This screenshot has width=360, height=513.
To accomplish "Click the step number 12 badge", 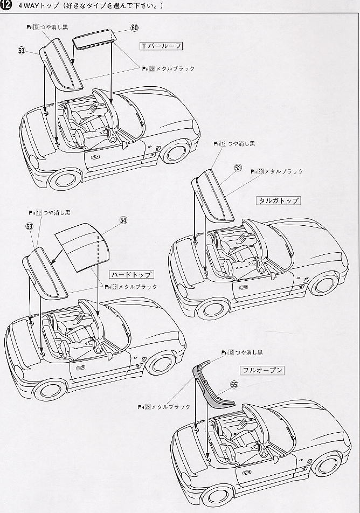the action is click(6, 5).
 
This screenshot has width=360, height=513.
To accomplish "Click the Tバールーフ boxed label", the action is click(161, 46).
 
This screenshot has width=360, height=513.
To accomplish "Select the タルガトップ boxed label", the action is click(279, 200).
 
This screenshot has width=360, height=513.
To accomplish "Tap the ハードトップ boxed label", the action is click(131, 274).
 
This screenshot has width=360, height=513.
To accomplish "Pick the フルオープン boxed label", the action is click(262, 370).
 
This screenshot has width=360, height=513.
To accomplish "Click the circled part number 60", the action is click(135, 28).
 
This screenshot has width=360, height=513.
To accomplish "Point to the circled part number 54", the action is click(123, 220).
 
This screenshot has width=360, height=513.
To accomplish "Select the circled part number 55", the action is click(234, 385).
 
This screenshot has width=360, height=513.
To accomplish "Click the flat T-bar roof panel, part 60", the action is click(94, 39).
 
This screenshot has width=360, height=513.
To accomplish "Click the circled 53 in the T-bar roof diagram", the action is click(22, 51).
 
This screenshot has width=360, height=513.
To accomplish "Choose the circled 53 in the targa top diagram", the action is click(238, 168).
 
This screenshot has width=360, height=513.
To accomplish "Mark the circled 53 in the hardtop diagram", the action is click(30, 226).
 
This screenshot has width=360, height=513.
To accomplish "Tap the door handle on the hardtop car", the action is click(80, 368).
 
